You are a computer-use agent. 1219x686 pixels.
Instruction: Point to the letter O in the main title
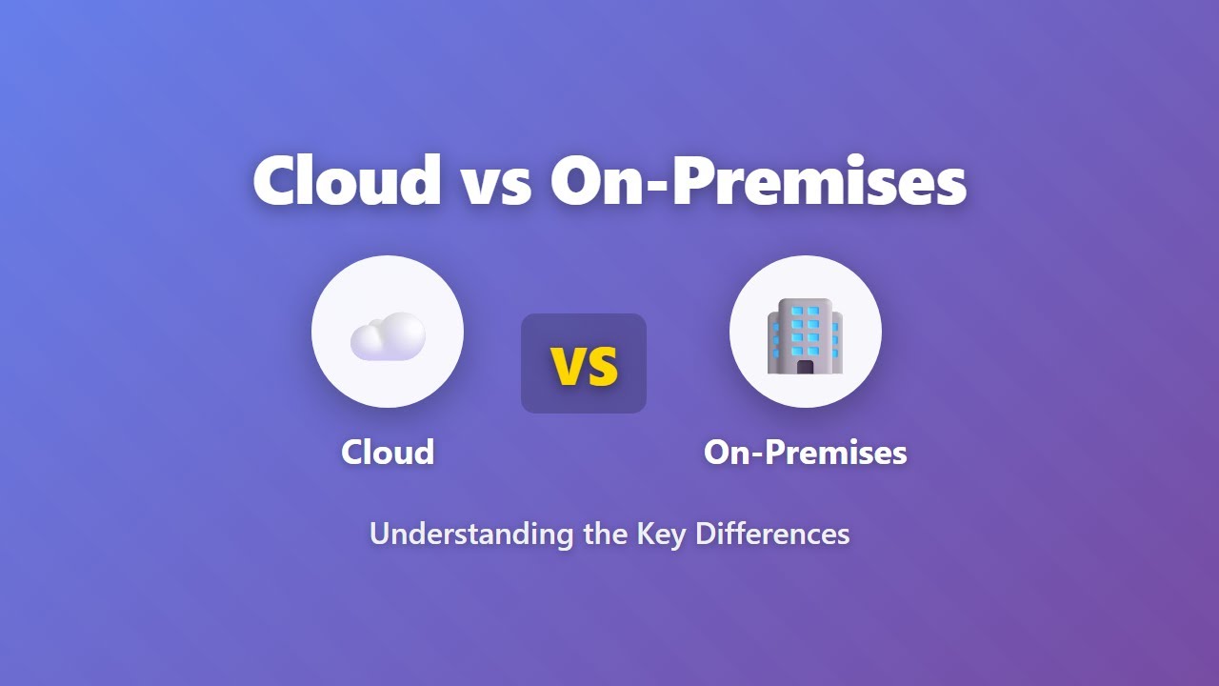coord(584,180)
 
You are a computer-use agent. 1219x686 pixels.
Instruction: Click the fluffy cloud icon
coord(387,336)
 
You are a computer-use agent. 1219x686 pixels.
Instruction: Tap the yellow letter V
coord(569,365)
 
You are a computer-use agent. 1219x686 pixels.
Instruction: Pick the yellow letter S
coord(602,365)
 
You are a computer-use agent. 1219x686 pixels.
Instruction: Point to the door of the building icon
coord(805,367)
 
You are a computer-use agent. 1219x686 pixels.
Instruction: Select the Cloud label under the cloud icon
coord(388,452)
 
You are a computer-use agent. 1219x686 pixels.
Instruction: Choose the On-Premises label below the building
coord(805,452)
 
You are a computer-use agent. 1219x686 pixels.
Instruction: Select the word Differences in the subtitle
coord(772,533)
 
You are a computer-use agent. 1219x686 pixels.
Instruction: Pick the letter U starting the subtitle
coord(378,533)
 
